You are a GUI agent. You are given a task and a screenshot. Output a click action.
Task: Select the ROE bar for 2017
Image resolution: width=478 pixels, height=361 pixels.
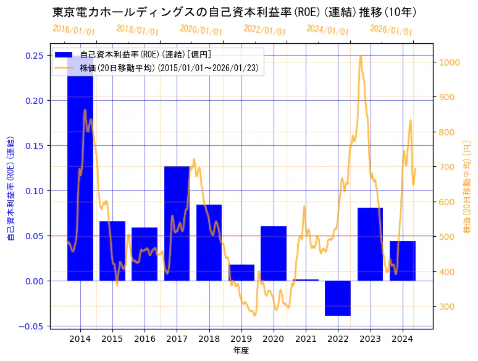pos(177,223)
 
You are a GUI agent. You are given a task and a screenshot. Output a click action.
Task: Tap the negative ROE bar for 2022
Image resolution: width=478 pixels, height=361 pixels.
pos(338,298)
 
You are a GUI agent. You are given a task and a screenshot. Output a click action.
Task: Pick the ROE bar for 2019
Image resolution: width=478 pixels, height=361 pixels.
pos(241,273)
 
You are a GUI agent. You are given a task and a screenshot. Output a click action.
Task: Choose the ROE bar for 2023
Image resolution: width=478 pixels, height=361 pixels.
pos(370,244)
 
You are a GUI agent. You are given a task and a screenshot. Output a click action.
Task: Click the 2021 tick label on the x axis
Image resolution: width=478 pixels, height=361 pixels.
pos(306,339)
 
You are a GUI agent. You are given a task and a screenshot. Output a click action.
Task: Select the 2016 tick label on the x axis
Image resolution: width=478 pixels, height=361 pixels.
pos(145,339)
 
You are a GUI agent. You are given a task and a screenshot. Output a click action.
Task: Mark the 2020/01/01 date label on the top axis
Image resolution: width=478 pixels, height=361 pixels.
pos(201,30)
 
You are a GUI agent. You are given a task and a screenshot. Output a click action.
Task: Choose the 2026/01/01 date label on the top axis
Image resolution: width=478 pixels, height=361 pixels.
pos(391,31)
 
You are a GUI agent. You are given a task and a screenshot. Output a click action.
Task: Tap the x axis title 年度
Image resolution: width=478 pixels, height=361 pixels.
pos(241,350)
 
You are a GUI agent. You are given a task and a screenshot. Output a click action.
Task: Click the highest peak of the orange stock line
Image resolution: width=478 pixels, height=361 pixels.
pos(361,56)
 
